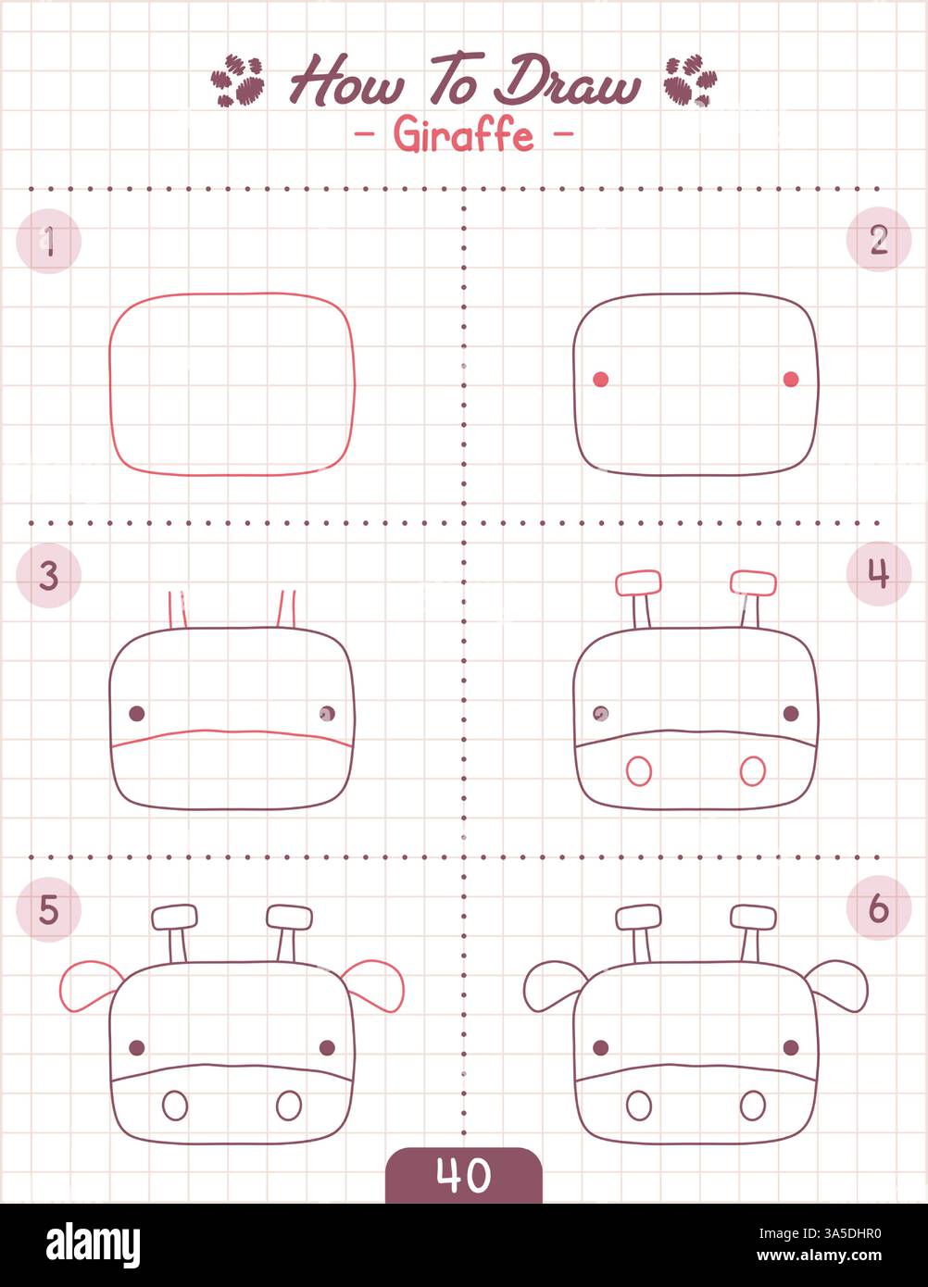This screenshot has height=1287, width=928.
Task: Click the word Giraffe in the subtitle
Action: coord(463,135)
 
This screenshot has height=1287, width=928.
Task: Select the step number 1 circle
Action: coord(49,242)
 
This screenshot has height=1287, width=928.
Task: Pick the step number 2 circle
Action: coord(878,240)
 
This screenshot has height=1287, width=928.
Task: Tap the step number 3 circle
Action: coord(49,575)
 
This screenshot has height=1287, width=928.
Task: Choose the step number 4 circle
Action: coord(878,574)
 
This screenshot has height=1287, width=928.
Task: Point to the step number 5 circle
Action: coord(49,909)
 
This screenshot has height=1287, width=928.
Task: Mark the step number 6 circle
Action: coord(878,908)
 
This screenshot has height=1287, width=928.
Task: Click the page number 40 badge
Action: coord(463,1176)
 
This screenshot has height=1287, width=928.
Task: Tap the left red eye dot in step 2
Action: coord(600,379)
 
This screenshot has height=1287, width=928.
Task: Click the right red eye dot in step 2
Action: coord(791,379)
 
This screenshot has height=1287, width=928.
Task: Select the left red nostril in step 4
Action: coord(638,770)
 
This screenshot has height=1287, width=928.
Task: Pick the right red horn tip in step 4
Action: coord(753,582)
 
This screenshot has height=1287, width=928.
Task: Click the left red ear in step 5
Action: coord(90,985)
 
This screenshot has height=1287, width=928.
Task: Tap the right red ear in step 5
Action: coord(375,984)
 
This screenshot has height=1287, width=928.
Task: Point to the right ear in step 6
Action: coord(839,984)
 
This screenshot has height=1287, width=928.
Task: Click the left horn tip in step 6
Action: coord(638,917)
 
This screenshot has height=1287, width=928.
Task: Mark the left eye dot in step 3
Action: coord(136,713)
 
